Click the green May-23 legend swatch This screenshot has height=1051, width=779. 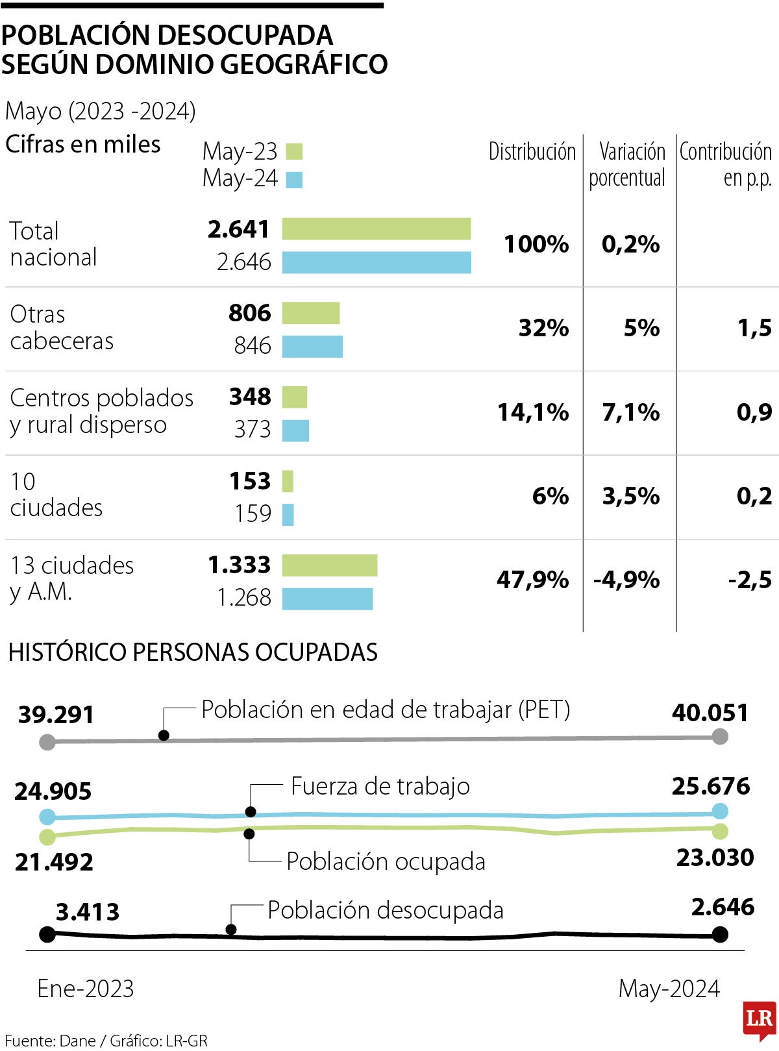tap(293, 152)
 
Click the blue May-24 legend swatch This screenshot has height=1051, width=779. tap(293, 179)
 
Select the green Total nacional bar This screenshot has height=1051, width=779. tap(376, 229)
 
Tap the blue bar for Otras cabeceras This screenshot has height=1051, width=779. tap(312, 347)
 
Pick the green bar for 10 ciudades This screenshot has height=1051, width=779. tap(288, 481)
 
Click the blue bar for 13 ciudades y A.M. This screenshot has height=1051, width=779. tap(327, 599)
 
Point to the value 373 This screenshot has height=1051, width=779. tap(253, 429)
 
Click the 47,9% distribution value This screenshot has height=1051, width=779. tap(532, 580)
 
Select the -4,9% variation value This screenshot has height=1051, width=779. tap(626, 580)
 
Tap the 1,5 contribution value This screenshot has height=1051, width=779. tap(754, 328)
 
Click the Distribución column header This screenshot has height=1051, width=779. tap(532, 152)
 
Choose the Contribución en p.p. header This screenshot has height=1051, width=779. tap(726, 164)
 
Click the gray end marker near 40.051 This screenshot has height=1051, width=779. tap(720, 736)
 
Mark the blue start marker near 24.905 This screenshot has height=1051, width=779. tap(47, 817)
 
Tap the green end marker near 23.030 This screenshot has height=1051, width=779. tap(720, 831)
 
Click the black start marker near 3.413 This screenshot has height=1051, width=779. tap(47, 935)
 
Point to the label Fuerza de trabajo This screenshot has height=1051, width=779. tap(380, 786)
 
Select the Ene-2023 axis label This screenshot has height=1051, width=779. tap(86, 989)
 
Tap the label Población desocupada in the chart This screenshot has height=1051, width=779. tap(386, 910)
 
